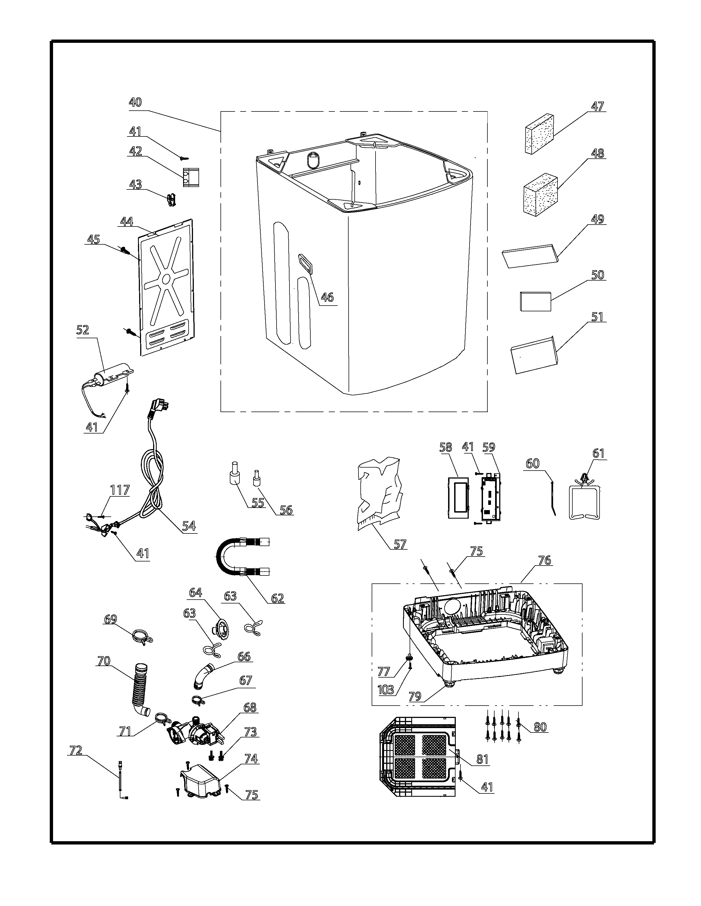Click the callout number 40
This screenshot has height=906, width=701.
[135, 102]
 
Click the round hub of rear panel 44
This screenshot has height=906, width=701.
[167, 279]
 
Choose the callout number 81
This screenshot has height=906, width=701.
[482, 759]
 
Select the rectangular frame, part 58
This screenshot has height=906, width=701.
[458, 497]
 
